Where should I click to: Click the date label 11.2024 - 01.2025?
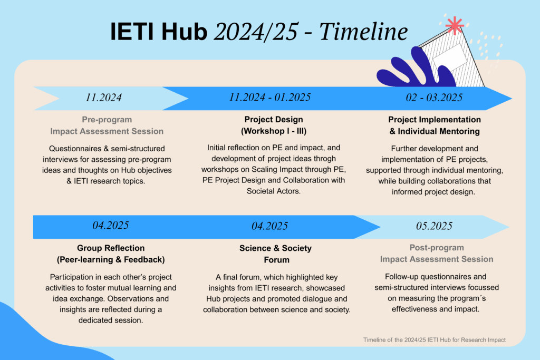coord(269,98)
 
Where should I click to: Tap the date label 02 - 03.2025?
coord(434,98)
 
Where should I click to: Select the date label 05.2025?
coord(434,226)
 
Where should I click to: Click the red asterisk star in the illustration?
coord(455,25)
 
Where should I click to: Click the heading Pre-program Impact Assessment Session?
coord(107,125)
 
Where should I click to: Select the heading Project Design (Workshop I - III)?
coord(274,125)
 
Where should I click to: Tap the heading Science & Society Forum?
coord(275,254)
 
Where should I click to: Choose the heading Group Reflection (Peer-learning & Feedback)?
coord(111,254)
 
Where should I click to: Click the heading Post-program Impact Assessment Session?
coord(437,254)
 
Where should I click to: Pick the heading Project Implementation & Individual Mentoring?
coord(435,125)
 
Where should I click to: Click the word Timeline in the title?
coord(364,32)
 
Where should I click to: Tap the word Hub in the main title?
coord(184,32)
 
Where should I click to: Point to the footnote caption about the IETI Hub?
coord(435,339)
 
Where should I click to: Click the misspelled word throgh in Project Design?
coord(324,159)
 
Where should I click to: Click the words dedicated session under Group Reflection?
coord(111,320)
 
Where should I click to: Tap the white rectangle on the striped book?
coord(450,57)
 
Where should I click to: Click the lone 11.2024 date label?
coord(103,98)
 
